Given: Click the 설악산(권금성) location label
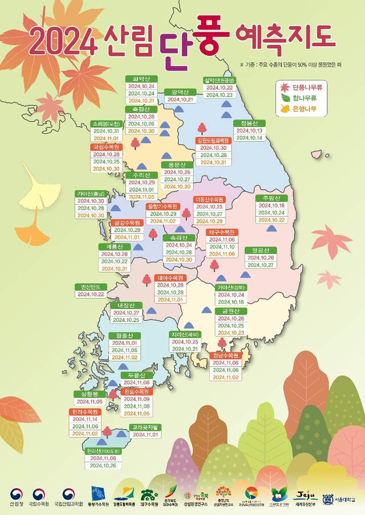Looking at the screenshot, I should pyautogui.click(x=218, y=80).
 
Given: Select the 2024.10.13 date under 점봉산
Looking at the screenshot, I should pyautogui.click(x=249, y=130).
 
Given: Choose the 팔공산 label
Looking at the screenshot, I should pyautogui.click(x=260, y=250).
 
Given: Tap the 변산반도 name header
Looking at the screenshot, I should pyautogui.click(x=90, y=287).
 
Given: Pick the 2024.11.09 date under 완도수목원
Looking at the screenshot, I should pyautogui.click(x=137, y=399).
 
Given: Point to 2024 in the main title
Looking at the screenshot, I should pyautogui.click(x=62, y=40).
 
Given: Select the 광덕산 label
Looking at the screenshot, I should pyautogui.click(x=180, y=91).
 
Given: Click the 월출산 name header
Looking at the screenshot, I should pyautogui.click(x=124, y=336).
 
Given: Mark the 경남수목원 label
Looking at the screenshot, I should pyautogui.click(x=225, y=355).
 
